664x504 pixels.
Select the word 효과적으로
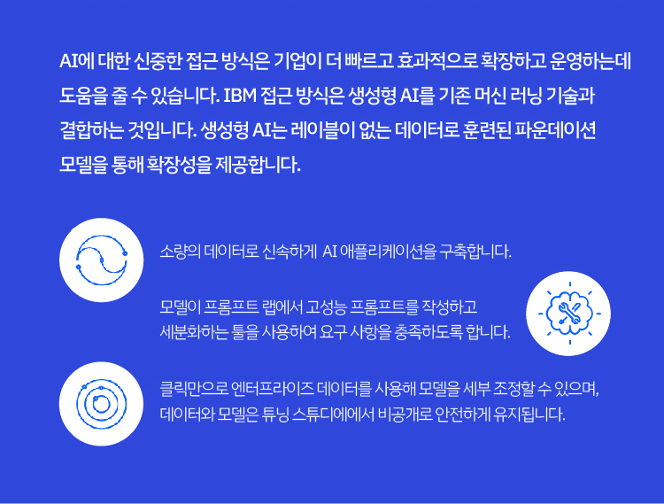click(436, 61)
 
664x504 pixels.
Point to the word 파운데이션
click(555, 130)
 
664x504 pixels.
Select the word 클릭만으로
click(194, 388)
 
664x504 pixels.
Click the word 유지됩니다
click(529, 414)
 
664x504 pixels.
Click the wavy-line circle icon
click(101, 260)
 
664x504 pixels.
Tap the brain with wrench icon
click(568, 314)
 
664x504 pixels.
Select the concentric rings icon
click(101, 404)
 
